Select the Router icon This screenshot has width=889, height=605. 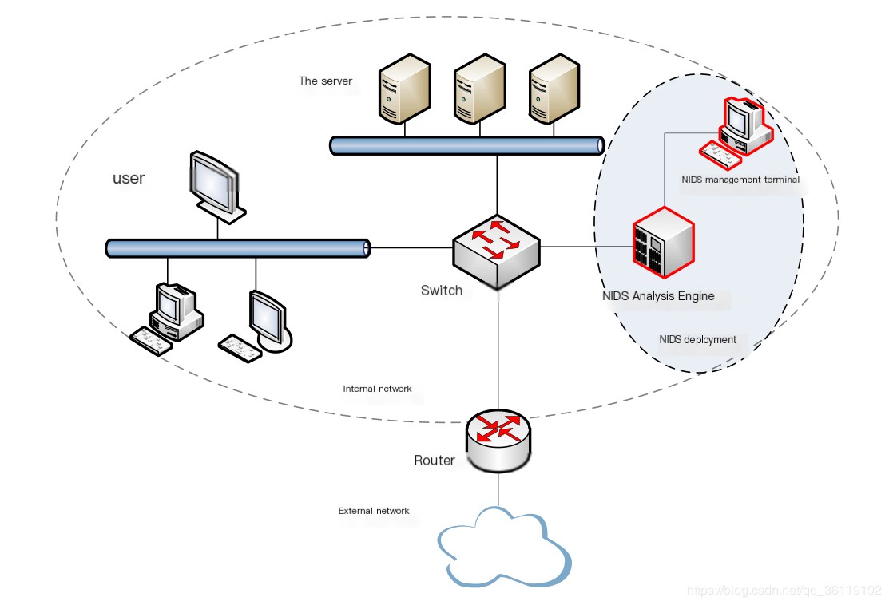tap(498, 441)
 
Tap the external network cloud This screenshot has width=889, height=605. tap(504, 547)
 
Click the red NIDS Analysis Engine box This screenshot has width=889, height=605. tap(663, 243)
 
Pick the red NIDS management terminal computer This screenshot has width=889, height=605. tap(736, 133)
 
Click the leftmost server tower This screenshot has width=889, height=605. tap(404, 89)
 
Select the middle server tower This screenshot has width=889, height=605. tap(480, 89)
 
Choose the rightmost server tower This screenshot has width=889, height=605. tap(554, 89)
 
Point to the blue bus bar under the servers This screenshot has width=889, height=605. tap(467, 145)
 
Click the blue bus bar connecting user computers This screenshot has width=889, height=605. tap(238, 248)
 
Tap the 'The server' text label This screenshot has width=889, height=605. tap(325, 81)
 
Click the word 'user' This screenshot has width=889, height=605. tap(129, 179)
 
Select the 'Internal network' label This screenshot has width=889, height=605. tap(377, 389)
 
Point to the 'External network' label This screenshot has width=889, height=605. tap(374, 511)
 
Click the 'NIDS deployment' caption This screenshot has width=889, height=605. tap(697, 339)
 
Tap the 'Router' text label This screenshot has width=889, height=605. tap(435, 460)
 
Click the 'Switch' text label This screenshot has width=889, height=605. tap(442, 291)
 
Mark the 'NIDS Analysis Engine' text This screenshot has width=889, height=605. tap(658, 295)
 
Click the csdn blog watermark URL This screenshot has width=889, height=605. tap(784, 591)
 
